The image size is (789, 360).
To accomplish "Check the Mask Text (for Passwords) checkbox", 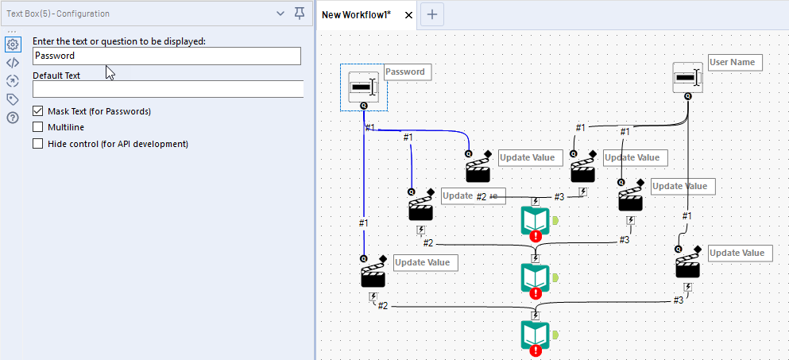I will (38, 111).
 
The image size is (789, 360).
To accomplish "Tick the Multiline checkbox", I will (38, 127).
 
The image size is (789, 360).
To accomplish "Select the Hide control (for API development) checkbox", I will (38, 144).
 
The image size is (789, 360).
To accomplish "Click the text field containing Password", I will (167, 56).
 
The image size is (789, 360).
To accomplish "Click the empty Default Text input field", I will (167, 89).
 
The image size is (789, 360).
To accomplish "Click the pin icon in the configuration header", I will (300, 14).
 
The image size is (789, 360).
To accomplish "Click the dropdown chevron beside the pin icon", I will (280, 14).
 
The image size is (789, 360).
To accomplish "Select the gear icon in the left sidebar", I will (12, 45).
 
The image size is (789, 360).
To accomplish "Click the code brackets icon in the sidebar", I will (12, 63).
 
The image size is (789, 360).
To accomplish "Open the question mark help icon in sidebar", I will (12, 118).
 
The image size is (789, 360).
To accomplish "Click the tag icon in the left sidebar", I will (12, 99).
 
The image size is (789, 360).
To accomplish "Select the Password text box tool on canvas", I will (363, 87).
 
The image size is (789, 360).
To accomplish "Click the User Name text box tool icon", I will (687, 77).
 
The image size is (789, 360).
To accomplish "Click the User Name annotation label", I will (735, 62).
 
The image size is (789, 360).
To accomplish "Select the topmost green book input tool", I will (536, 220).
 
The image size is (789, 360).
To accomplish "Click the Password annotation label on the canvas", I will (405, 72).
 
